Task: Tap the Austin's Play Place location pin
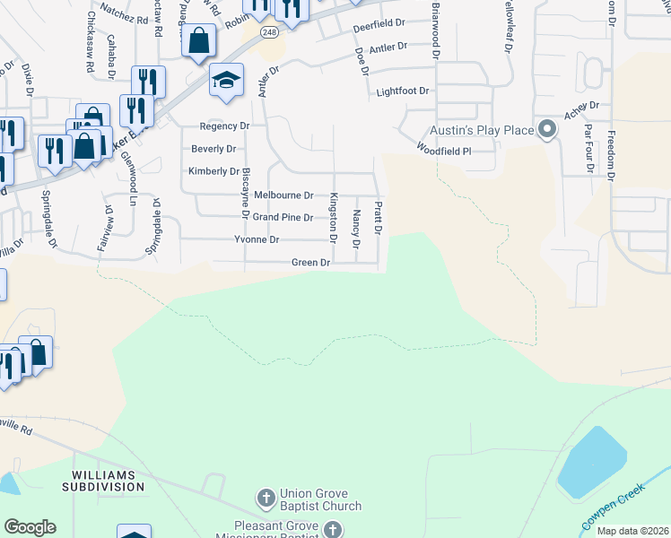546,130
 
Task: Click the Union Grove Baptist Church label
320,499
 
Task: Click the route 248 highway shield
270,31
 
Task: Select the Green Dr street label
311,263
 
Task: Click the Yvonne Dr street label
257,240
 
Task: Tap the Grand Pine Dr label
282,217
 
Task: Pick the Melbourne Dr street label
283,195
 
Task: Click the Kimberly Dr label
213,171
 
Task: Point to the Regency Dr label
223,126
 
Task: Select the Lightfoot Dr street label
403,91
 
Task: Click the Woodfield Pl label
442,152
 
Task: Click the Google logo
30,527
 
